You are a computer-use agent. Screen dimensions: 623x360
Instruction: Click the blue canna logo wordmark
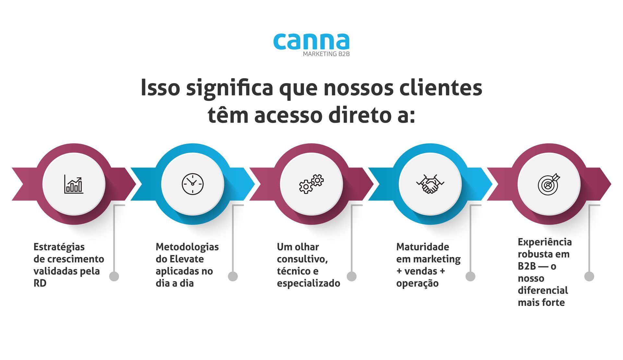click(x=311, y=42)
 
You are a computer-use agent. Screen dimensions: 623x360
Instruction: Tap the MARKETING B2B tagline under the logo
click(x=326, y=54)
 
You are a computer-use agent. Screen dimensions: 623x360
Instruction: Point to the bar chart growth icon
click(x=74, y=184)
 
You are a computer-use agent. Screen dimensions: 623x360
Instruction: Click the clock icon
click(x=192, y=184)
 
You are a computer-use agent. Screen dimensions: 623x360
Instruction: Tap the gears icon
click(x=311, y=184)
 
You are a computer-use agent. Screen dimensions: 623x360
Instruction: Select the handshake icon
click(x=430, y=184)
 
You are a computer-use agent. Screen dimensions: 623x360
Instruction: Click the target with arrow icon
click(x=549, y=184)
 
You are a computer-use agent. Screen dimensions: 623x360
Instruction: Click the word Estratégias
click(x=59, y=247)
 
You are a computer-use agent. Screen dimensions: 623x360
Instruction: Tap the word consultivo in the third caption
click(x=302, y=259)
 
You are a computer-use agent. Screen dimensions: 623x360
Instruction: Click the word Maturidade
click(x=422, y=247)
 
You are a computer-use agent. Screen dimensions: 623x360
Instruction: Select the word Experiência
click(x=545, y=242)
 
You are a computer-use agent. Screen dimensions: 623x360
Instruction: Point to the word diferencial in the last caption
click(x=543, y=290)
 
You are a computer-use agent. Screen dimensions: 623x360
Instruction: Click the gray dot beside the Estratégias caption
click(x=114, y=276)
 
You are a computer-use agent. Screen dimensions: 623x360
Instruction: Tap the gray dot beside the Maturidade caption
click(x=470, y=276)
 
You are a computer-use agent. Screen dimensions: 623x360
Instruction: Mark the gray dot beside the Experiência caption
click(x=589, y=276)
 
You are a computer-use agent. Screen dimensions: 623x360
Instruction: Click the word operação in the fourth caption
click(x=417, y=283)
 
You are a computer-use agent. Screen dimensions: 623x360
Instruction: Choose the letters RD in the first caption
click(x=40, y=283)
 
